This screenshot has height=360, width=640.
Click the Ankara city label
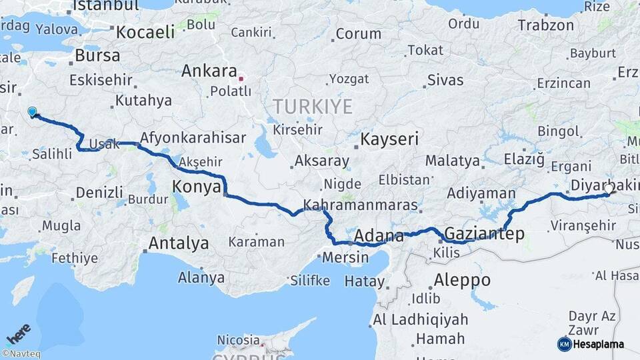click(209, 71)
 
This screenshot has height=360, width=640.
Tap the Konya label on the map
click(196, 187)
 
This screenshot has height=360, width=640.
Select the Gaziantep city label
click(483, 234)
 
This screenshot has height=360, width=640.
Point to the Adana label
click(379, 236)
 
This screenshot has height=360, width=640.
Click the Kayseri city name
click(389, 139)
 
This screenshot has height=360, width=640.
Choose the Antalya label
click(178, 243)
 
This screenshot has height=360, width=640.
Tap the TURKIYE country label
click(312, 105)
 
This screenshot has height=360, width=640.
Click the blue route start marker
click(31, 112)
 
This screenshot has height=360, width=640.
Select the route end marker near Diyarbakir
click(608, 189)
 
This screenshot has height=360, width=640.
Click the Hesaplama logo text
click(598, 344)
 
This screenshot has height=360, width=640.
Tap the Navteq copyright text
click(21, 354)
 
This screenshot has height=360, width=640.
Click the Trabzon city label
click(545, 25)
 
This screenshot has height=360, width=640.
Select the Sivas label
click(445, 81)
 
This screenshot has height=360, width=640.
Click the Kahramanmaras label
click(360, 205)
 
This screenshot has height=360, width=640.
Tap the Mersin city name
click(345, 257)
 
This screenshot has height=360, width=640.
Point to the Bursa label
click(97, 55)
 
